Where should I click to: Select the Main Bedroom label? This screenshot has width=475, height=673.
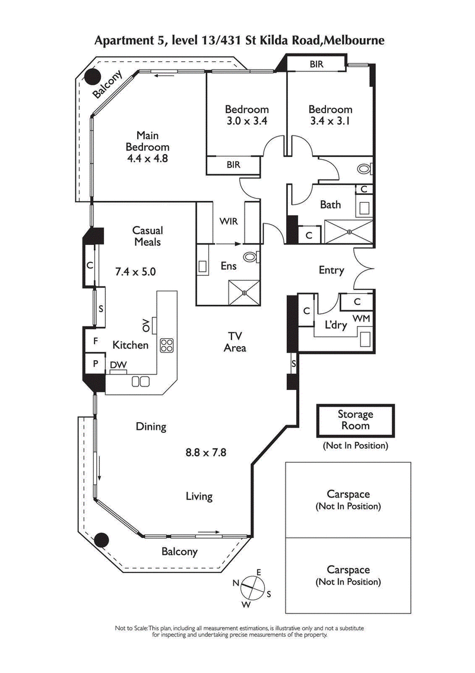point(148,141)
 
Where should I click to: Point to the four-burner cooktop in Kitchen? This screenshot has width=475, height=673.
point(167,345)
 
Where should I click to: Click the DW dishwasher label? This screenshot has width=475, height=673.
point(117,365)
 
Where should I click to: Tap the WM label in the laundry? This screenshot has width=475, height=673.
point(362,319)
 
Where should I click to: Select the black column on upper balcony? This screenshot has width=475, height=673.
point(93,76)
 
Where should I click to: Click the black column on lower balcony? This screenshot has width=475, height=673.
point(102,540)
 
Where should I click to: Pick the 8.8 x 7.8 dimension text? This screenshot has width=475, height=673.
point(206,452)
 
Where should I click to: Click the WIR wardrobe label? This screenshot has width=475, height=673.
point(229,221)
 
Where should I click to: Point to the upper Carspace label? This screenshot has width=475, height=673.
point(348,494)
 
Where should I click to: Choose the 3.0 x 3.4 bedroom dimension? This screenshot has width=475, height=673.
point(246,122)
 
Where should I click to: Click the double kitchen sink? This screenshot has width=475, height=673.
point(141,381)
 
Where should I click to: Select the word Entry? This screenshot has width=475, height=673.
point(331,270)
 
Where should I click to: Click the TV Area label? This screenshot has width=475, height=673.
point(235,342)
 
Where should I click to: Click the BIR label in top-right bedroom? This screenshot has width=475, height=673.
point(316,64)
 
